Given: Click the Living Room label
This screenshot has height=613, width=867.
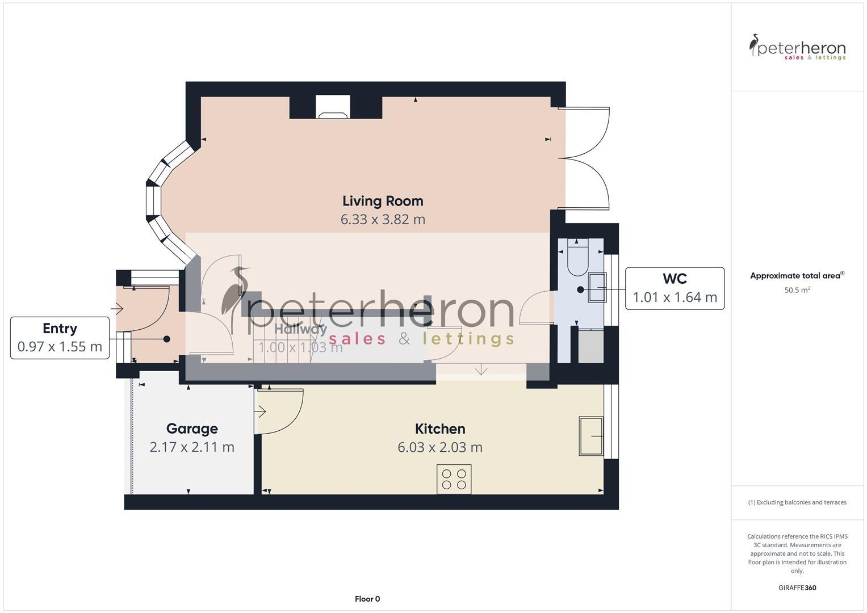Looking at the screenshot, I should (x=383, y=201).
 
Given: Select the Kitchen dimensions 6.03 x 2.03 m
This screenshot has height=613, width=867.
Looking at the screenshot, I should (x=440, y=447).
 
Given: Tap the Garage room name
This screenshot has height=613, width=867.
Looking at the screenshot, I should (x=192, y=429).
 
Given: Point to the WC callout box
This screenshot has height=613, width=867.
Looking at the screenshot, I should (x=675, y=288).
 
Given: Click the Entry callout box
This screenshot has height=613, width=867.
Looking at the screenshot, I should (x=60, y=338).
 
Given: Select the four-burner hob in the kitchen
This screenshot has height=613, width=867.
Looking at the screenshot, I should (x=454, y=479).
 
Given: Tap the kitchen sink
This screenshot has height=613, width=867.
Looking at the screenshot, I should (x=590, y=436).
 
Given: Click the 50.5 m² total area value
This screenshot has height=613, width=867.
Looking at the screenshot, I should (x=797, y=290).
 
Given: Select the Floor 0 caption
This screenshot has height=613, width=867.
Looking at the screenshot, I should (x=367, y=599).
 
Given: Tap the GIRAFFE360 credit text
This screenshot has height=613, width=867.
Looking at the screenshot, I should (x=797, y=587).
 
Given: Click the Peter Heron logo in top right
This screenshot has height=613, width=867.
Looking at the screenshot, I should (x=797, y=48).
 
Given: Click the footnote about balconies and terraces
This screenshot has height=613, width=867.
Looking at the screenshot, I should (x=797, y=502).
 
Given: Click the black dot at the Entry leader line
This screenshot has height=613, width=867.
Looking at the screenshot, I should (x=167, y=339).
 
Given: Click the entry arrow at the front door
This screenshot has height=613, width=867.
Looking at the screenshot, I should (x=118, y=309).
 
